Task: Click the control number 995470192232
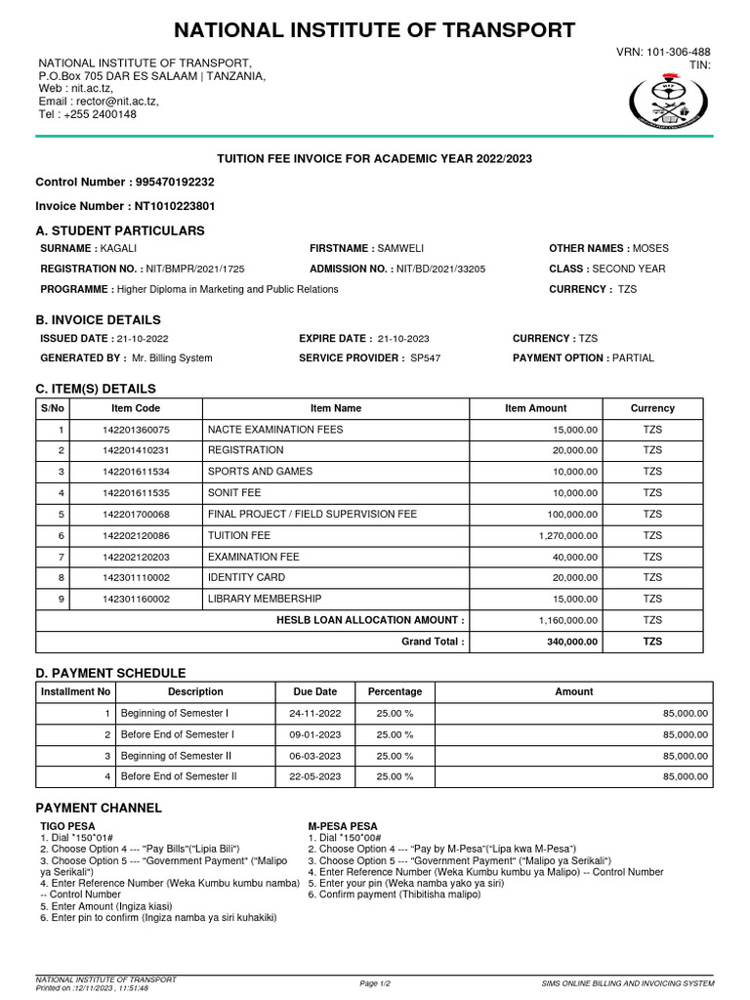172,182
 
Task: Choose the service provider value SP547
426,358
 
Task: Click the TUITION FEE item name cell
239,535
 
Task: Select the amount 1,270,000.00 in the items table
568,536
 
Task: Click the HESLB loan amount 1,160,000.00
568,620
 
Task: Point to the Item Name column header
335,408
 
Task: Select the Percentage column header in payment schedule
395,691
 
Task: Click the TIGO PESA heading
67,826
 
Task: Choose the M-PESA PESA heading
343,826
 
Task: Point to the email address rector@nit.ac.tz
117,101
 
